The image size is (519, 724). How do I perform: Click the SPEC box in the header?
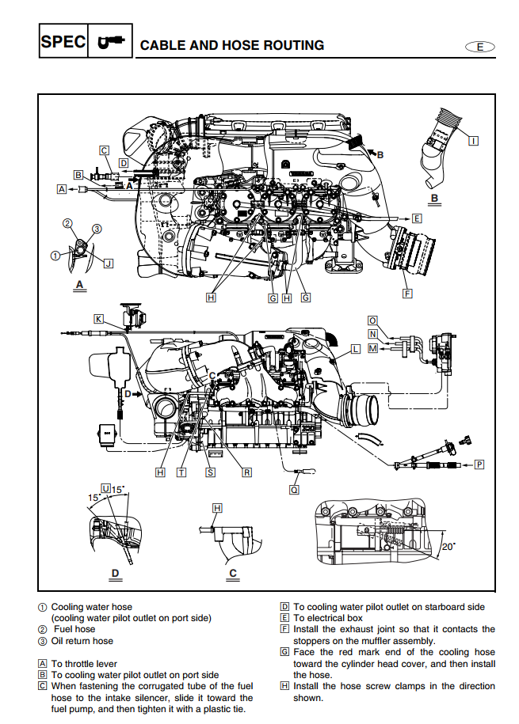63,43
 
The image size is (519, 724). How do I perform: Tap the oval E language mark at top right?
479,47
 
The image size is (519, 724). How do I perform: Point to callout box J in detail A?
109,263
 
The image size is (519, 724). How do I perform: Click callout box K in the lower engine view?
98,319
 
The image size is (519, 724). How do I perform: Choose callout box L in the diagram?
355,348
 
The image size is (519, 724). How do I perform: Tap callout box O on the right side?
372,320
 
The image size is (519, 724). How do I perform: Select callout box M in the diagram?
372,348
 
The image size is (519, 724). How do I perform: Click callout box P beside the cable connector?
479,464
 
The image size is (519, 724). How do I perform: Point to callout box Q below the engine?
295,490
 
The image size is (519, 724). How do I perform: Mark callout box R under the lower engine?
246,472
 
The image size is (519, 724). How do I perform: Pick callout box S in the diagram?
210,472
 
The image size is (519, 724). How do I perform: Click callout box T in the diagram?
181,472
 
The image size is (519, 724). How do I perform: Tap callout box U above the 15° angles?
105,488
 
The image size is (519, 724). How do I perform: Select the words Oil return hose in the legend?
82,641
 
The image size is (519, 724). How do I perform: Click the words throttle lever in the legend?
96,664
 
